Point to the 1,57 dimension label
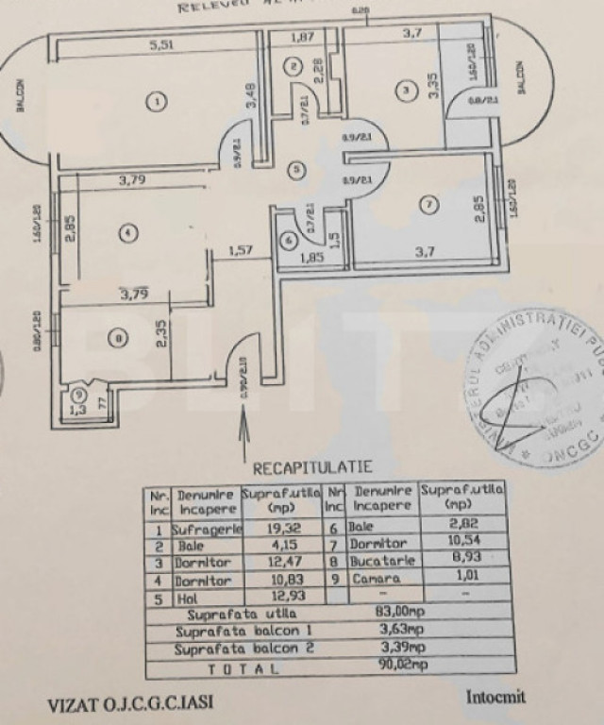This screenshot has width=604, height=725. pos(243,250)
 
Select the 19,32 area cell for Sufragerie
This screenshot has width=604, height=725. pos(281,531)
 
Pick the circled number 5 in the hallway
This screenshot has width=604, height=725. pos(296,170)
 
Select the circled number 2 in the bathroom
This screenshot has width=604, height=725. pos(294,65)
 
